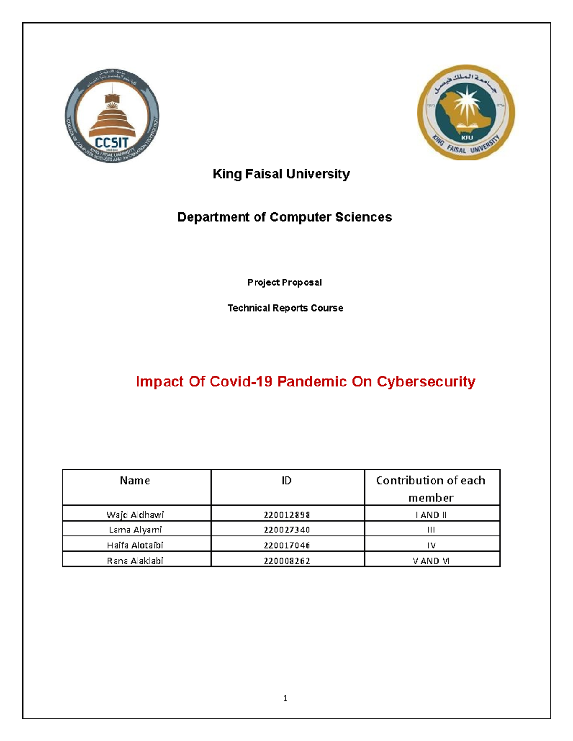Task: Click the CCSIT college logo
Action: pyautogui.click(x=112, y=116)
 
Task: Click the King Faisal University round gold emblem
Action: pyautogui.click(x=466, y=112)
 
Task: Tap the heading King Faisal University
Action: pyautogui.click(x=281, y=174)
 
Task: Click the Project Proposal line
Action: pyautogui.click(x=285, y=282)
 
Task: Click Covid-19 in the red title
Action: pyautogui.click(x=241, y=382)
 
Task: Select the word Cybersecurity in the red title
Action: pyautogui.click(x=426, y=382)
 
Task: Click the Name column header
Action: pyautogui.click(x=135, y=480)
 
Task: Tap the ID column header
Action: pyautogui.click(x=286, y=480)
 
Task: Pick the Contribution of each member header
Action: pyautogui.click(x=431, y=489)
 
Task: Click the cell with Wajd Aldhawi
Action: pyautogui.click(x=135, y=515)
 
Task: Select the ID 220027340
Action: pyautogui.click(x=286, y=530)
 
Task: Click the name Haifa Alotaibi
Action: pyautogui.click(x=135, y=545)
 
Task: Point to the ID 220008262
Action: pyautogui.click(x=286, y=561)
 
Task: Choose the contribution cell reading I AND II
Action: pyautogui.click(x=431, y=515)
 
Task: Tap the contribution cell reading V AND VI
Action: pyautogui.click(x=431, y=561)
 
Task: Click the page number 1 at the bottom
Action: pyautogui.click(x=285, y=699)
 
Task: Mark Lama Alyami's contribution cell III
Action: pyautogui.click(x=431, y=530)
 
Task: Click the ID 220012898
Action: pyautogui.click(x=286, y=515)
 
